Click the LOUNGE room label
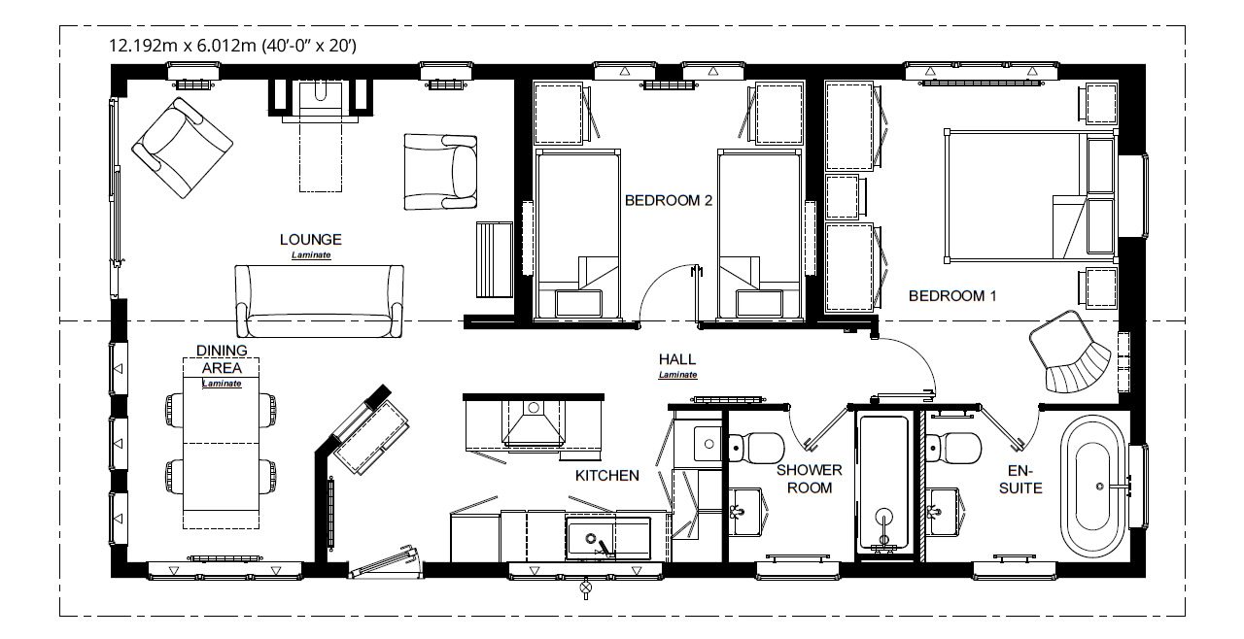pos(310,239)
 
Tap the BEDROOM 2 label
pos(669,201)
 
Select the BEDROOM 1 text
pos(951,295)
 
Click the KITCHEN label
pos(606,475)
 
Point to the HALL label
pos(677,358)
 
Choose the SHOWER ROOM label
pos(809,478)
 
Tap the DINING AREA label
pos(222,358)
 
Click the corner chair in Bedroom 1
pos(1072,352)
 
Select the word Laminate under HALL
pos(677,375)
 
